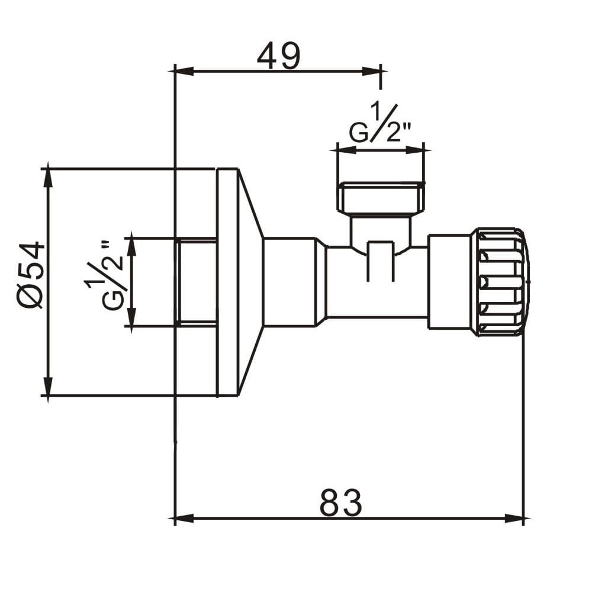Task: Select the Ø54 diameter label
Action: pos(31,275)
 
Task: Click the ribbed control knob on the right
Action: pos(501,282)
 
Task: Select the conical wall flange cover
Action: pos(239,282)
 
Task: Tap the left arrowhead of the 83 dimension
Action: pos(184,519)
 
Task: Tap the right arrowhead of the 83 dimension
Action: pos(514,519)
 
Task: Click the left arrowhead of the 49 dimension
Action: pos(184,71)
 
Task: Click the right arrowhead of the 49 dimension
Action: pos(372,71)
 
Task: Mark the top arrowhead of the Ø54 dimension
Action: pos(47,178)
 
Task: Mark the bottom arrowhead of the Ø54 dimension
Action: pos(47,386)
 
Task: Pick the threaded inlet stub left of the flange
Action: pos(196,282)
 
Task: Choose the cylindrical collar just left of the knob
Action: pos(450,282)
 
